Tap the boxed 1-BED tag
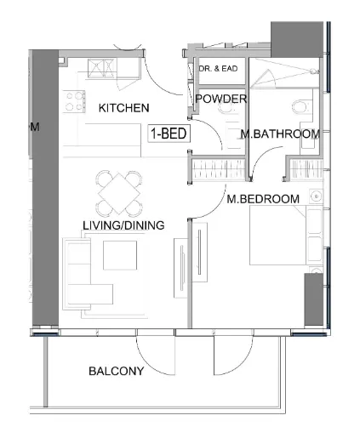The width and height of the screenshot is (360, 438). point(169,134)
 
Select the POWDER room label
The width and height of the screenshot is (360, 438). point(220,100)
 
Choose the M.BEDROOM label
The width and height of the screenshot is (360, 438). point(262,199)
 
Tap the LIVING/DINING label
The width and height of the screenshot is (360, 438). point(123,225)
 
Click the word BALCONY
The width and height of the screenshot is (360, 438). point(116,372)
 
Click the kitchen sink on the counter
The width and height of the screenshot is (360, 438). point(102,69)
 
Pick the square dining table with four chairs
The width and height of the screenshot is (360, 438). point(119,194)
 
